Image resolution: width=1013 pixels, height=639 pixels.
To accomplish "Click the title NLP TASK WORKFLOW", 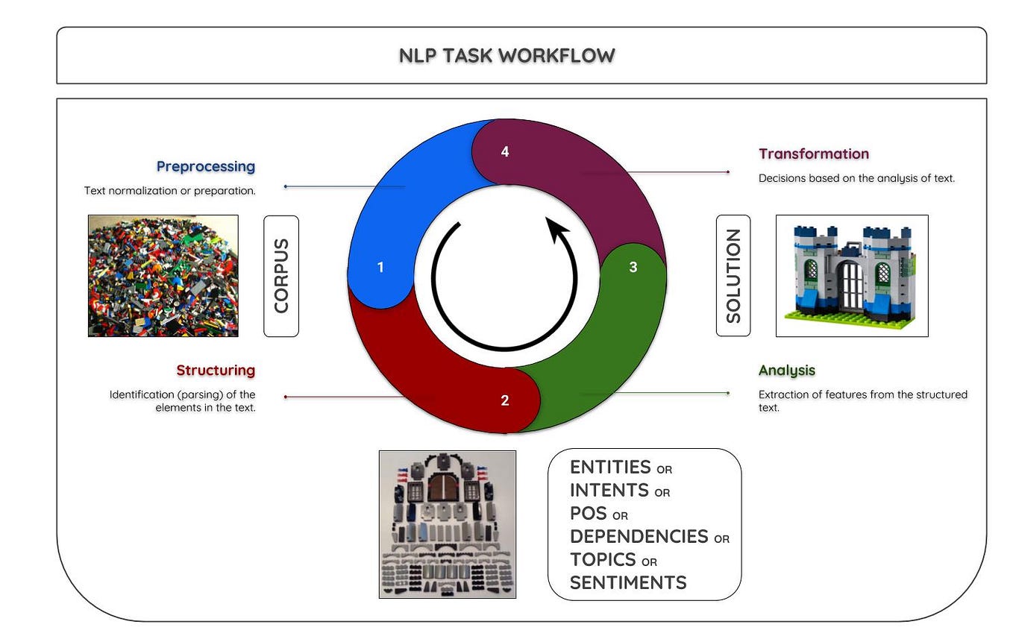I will pos(506,55).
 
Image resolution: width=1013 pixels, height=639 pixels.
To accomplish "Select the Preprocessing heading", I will pos(205,166).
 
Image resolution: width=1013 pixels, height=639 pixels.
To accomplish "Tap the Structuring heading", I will pos(216,370).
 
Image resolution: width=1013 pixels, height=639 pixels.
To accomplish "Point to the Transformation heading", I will pos(814,154).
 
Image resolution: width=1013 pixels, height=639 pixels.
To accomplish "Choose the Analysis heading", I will pos(786,370).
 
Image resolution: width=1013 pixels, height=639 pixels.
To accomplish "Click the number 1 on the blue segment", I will pos(380,267).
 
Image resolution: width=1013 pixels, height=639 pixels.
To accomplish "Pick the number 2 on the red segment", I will pos(505,400).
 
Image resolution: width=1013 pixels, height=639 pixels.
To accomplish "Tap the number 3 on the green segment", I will pos(633,267).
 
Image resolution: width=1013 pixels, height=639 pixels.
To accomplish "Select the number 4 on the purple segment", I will pos(505,151).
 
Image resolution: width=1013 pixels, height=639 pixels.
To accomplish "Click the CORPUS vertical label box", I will pos(281,276).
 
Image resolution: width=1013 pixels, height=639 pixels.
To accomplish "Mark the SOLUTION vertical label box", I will pos(733,276).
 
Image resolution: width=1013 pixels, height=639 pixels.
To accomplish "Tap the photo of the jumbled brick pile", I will pos(163,276).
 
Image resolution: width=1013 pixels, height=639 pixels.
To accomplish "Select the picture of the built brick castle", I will pos(852,276).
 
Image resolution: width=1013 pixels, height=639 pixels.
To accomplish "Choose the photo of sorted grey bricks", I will pos(447,523).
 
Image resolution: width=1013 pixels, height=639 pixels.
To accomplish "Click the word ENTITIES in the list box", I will pos(610,467).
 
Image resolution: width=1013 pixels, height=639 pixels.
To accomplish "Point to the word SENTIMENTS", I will pos(628,582).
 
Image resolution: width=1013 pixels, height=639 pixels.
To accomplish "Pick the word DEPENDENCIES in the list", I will pos(639,536).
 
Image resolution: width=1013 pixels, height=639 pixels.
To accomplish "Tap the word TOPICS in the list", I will pos(603,559).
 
